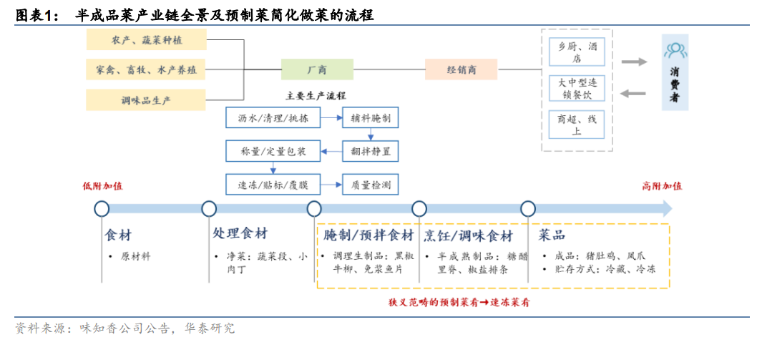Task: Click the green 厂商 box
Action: tap(318, 69)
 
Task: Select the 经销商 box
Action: tap(461, 69)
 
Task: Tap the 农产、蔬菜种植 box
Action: tap(146, 40)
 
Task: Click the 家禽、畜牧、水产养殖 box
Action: tap(146, 70)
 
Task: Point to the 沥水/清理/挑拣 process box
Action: tap(273, 118)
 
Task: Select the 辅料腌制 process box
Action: tap(371, 118)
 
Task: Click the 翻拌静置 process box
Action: tap(371, 152)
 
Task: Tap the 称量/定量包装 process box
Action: tap(273, 152)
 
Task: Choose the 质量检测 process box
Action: tap(371, 185)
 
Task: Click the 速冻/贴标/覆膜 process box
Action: tap(273, 185)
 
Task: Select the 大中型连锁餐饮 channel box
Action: tap(577, 88)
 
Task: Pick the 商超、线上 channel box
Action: tap(577, 124)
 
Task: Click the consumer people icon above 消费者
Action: tap(675, 49)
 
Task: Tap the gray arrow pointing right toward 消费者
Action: tap(634, 62)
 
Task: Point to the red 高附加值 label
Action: tap(662, 186)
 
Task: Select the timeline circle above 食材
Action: tap(102, 209)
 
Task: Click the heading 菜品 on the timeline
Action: tap(552, 235)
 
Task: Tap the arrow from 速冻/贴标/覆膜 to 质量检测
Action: tap(332, 185)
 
